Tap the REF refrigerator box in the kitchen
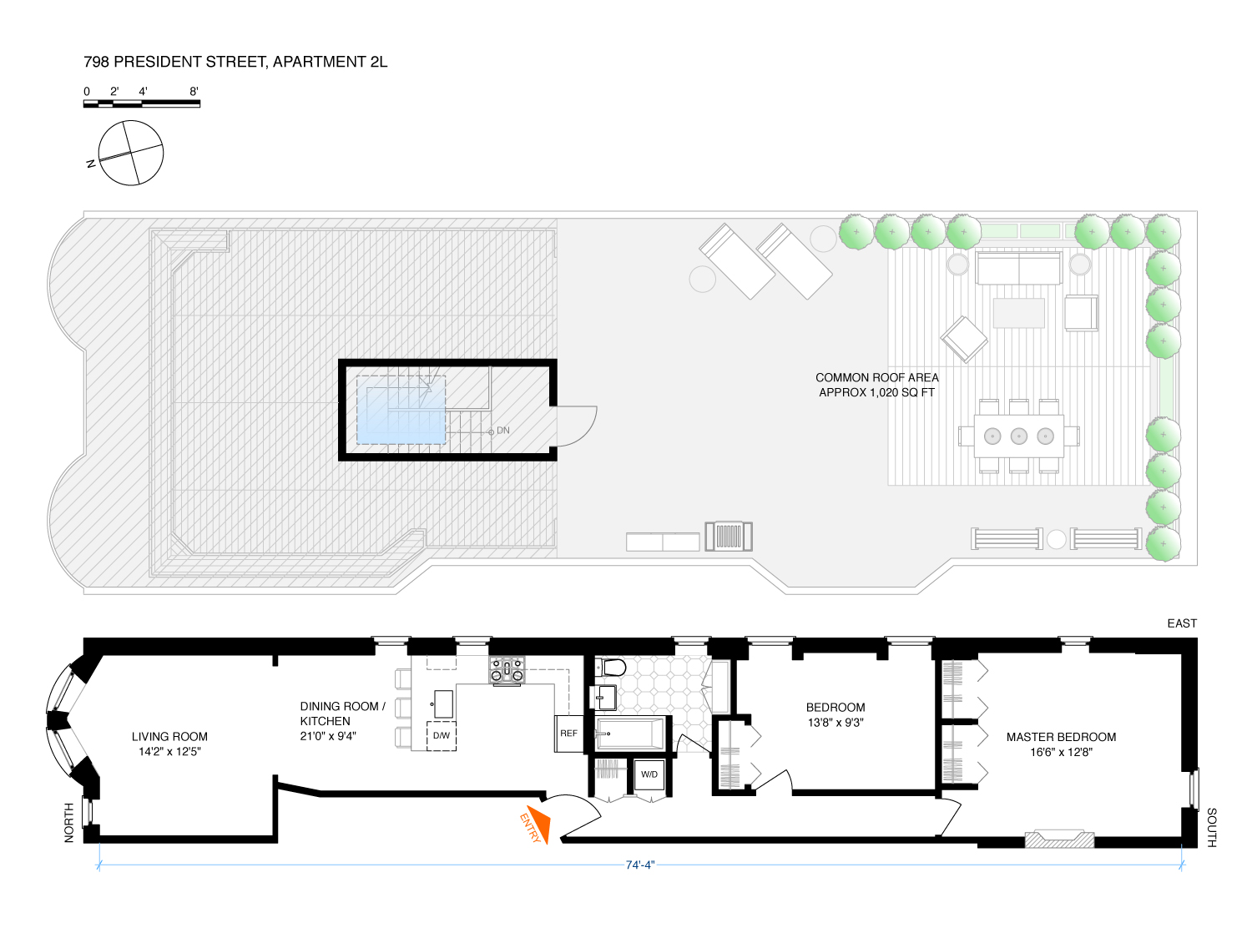(568, 734)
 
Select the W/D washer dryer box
(649, 774)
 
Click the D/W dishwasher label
(442, 736)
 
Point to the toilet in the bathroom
(611, 668)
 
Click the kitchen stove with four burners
(507, 669)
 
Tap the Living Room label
(169, 744)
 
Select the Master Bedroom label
(1061, 744)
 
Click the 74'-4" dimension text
(640, 865)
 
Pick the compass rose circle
(131, 153)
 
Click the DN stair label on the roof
(502, 431)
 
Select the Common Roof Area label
(876, 385)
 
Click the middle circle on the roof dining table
(1018, 436)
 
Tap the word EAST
(1182, 623)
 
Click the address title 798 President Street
(235, 62)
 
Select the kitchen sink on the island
(443, 703)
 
